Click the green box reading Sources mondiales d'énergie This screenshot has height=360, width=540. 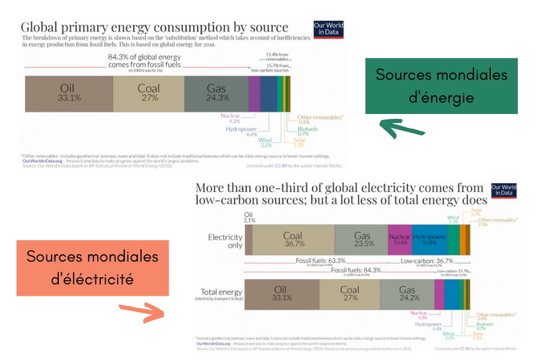point(441,86)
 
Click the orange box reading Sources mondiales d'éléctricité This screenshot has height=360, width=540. point(92,268)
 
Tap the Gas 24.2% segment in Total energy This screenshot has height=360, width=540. point(407,294)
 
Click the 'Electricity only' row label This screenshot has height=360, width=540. point(225,241)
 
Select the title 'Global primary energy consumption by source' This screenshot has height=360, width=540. point(154,28)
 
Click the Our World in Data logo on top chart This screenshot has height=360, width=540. point(328,29)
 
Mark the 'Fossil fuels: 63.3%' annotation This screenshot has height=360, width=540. point(320,261)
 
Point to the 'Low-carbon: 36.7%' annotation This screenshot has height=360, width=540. point(427,261)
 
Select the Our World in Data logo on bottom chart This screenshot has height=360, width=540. point(504,191)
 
